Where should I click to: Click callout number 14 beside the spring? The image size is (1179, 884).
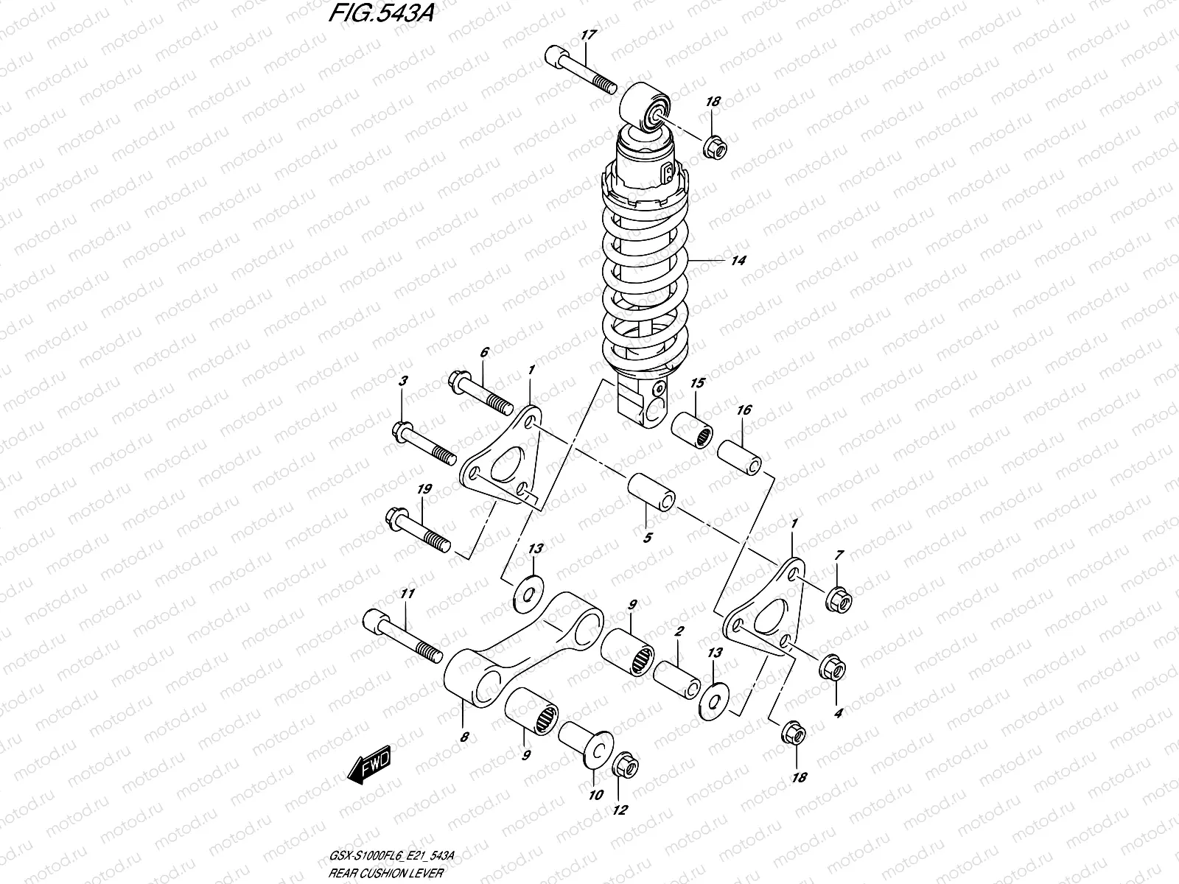738,261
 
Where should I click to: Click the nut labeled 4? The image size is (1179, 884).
834,667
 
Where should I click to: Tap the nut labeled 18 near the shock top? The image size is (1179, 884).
714,147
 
